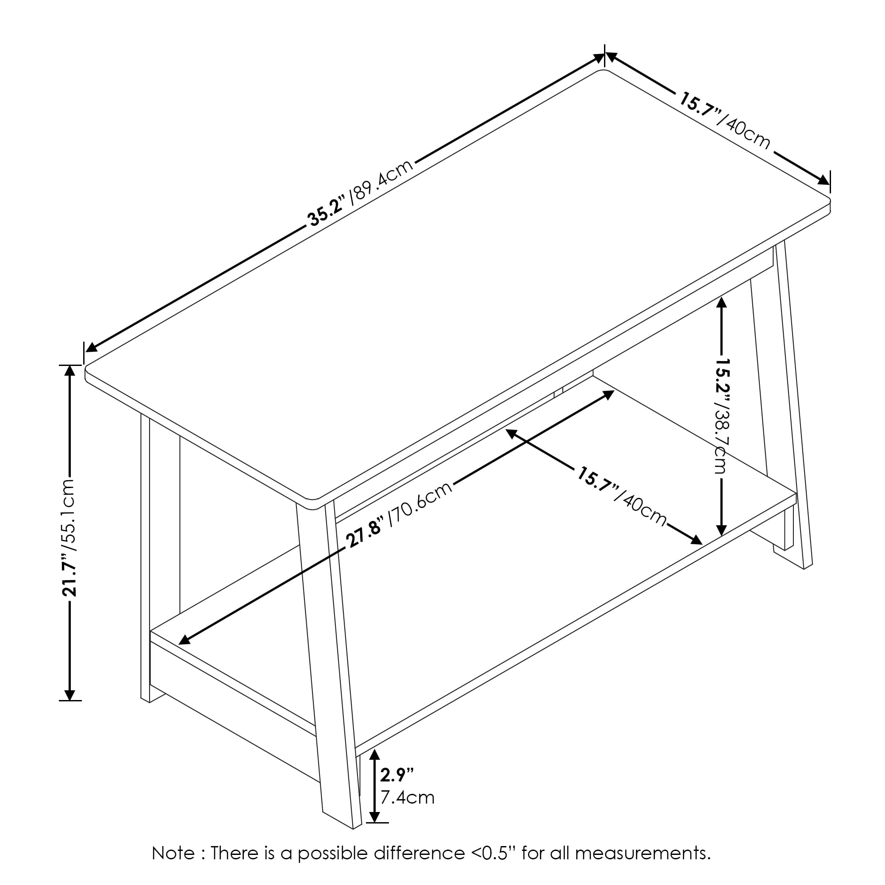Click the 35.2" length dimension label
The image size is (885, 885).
click(327, 214)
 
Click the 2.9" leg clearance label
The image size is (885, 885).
click(396, 775)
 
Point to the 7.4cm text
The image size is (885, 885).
click(407, 797)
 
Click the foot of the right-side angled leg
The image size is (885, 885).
click(808, 566)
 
